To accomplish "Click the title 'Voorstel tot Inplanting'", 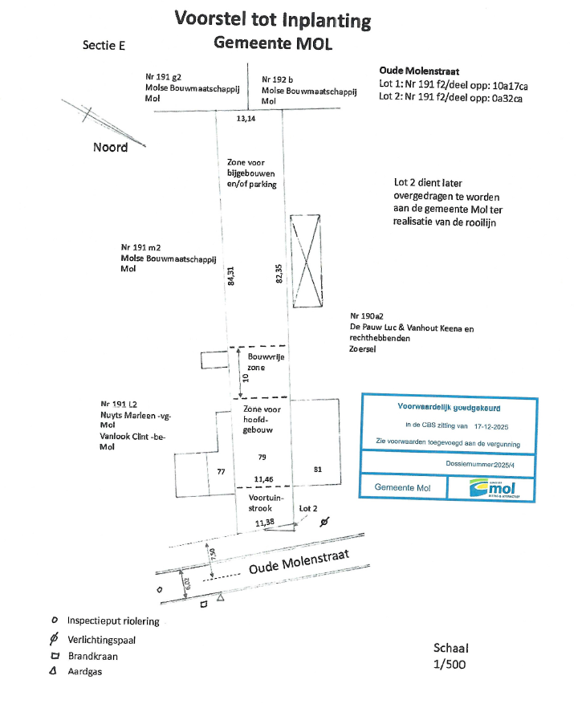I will point(273,19).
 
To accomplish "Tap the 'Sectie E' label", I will point(104,46).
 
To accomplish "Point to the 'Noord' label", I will point(110,148).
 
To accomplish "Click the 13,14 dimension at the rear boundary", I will point(246,119).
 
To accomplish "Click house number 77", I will point(221,472).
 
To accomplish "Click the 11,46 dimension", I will point(263,478).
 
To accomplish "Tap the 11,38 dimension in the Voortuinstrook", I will point(265,523).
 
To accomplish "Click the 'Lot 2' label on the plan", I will point(308,509).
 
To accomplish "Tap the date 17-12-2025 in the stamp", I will point(475,425).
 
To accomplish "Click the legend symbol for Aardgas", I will point(53,671).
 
